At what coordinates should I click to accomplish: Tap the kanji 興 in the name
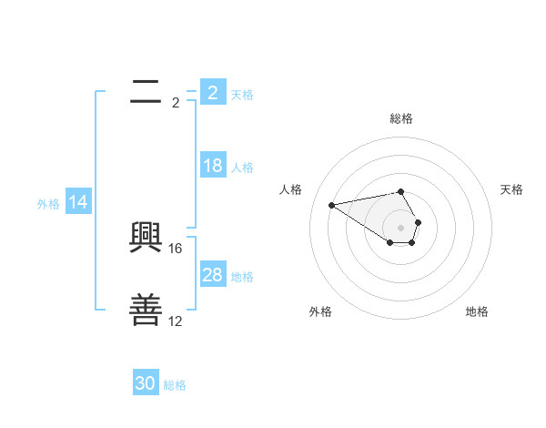click(147, 239)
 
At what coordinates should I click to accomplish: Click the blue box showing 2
click(212, 93)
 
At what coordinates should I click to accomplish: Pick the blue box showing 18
click(212, 166)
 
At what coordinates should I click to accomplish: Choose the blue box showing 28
click(212, 275)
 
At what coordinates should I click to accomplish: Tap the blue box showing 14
click(78, 202)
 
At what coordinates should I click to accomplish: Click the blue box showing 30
click(146, 383)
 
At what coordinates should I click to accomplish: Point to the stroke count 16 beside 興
click(177, 248)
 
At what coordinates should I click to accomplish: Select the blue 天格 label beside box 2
click(242, 94)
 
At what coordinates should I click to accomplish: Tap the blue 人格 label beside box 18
click(242, 168)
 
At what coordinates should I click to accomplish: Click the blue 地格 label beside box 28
click(242, 277)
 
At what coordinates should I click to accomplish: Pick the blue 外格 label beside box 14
click(48, 204)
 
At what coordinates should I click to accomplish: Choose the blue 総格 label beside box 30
click(175, 385)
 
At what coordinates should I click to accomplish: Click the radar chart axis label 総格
click(401, 118)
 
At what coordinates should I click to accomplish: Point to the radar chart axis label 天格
click(512, 189)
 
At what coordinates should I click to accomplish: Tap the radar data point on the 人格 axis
click(331, 204)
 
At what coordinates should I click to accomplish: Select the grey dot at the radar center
click(401, 227)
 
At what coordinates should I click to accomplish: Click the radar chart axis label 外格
click(320, 311)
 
